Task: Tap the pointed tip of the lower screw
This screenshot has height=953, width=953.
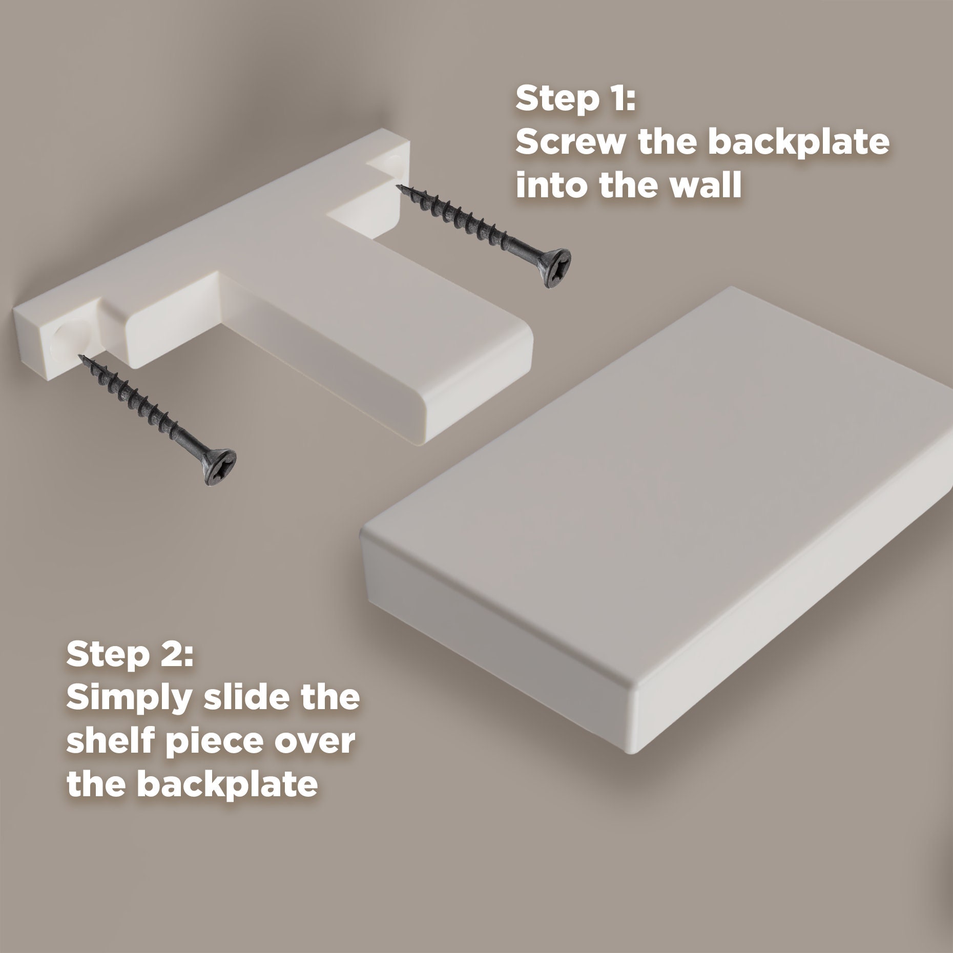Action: click(x=80, y=357)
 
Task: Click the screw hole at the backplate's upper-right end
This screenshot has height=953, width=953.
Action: click(x=397, y=165)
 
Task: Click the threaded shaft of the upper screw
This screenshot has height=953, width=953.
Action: click(x=476, y=225)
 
